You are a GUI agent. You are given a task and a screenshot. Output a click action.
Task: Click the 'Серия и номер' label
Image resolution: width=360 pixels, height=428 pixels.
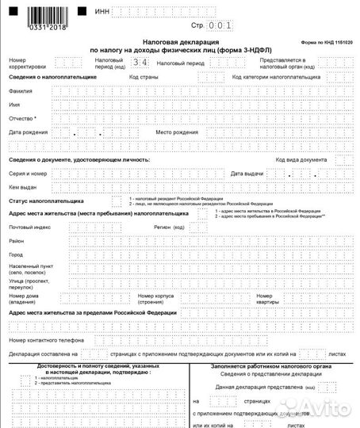pos(29,173)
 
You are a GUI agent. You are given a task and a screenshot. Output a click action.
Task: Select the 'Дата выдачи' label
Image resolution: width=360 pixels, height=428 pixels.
pos(247,173)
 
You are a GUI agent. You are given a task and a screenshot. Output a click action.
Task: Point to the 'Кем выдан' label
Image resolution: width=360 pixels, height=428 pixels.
pos(24,187)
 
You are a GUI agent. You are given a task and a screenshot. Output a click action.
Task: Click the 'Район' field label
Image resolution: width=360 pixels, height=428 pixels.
pos(17,240)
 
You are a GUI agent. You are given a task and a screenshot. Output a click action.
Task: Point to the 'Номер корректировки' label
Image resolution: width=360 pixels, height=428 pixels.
pos(28,63)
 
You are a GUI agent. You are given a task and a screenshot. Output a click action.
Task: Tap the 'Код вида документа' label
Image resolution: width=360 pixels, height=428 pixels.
pos(301,159)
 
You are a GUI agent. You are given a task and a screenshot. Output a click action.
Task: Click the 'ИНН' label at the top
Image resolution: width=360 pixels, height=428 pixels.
pos(101,12)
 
